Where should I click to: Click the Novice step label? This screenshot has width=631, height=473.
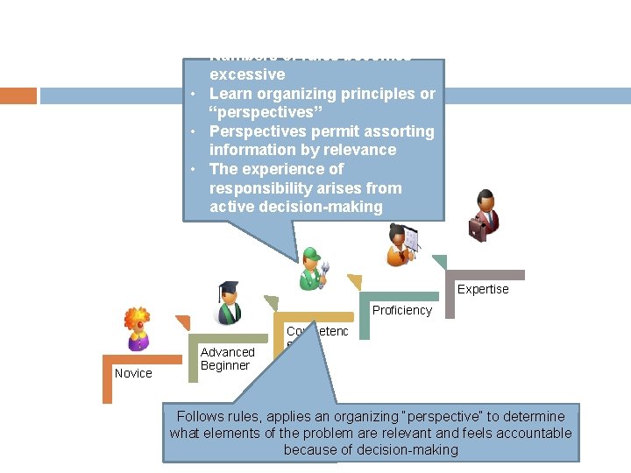133,373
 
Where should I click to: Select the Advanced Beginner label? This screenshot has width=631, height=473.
227,359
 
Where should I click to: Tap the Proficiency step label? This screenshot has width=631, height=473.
401,310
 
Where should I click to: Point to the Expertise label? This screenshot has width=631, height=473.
482,289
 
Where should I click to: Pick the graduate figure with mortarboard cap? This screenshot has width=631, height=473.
230,303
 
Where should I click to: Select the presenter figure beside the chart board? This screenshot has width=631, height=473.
402,245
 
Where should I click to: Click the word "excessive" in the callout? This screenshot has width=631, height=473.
247,74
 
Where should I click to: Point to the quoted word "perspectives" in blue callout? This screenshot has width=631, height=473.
261,112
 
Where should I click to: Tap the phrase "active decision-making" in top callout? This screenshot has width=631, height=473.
296,207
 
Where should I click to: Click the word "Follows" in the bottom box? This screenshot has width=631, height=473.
201,416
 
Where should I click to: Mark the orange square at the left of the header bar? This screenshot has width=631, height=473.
18,95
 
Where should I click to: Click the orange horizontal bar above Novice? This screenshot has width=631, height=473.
140,359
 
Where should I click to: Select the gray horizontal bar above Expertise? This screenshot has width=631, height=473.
487,275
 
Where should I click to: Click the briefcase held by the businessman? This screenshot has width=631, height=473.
478,229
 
